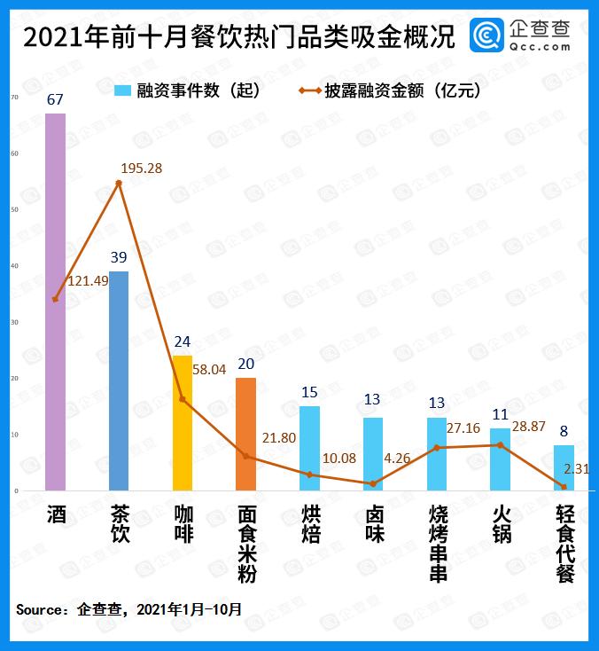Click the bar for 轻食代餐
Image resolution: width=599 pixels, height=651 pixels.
[x=564, y=467]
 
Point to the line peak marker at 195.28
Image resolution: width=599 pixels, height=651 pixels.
[x=119, y=183]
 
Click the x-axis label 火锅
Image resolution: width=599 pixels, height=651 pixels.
[x=501, y=524]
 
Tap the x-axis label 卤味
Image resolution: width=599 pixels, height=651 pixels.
[x=373, y=524]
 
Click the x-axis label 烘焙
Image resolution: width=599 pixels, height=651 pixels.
[x=309, y=524]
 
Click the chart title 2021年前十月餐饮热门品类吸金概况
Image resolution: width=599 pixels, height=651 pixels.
[x=239, y=37]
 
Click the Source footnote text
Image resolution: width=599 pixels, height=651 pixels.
[x=128, y=609]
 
